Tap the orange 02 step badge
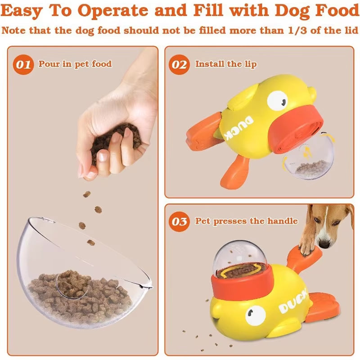coord(180,64)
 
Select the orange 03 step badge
coord(180,221)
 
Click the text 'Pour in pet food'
coord(75,64)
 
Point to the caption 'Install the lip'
coord(226,64)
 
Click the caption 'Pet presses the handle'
coord(246,221)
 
